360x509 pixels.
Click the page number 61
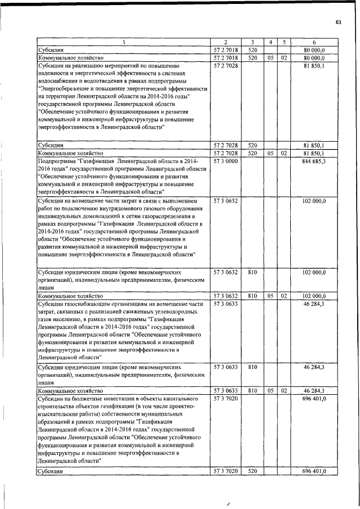point(338,22)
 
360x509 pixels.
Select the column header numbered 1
point(123,43)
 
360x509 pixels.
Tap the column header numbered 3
point(253,43)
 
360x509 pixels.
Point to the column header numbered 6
point(314,43)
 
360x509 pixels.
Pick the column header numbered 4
point(271,43)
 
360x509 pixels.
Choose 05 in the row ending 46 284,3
point(271,390)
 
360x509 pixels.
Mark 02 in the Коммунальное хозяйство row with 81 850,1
point(285,153)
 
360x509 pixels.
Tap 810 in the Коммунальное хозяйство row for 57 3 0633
point(253,390)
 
